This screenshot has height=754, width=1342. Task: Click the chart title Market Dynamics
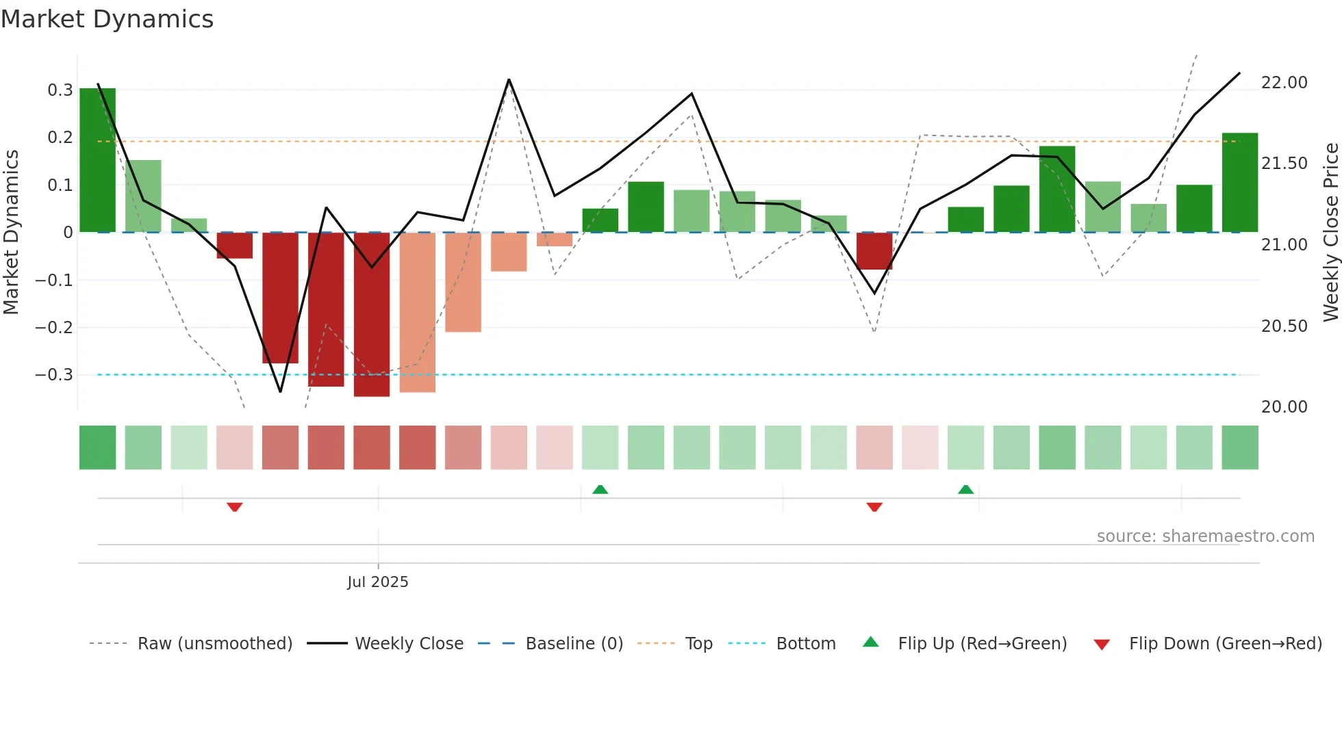[x=107, y=19]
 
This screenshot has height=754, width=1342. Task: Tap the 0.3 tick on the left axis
[x=60, y=90]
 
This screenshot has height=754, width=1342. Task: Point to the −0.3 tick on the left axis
[x=55, y=374]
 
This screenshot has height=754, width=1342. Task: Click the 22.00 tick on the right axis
[x=1284, y=82]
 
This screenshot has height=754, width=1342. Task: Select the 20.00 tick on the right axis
[x=1284, y=406]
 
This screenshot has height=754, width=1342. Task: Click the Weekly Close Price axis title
[x=1330, y=232]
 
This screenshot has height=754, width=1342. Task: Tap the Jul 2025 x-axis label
[x=377, y=582]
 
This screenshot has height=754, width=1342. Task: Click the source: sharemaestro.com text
[x=1205, y=536]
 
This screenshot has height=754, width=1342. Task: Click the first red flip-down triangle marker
[x=235, y=507]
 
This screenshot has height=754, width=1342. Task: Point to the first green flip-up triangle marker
[x=600, y=489]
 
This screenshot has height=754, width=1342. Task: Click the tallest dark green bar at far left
[x=98, y=160]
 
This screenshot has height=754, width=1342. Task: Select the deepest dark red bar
[x=372, y=314]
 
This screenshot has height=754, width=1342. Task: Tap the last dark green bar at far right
[x=1240, y=183]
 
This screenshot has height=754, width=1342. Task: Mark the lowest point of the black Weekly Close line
[x=280, y=391]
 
